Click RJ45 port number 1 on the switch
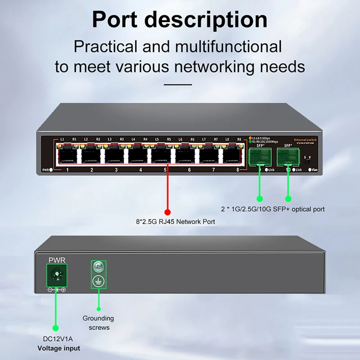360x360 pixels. click(67, 155)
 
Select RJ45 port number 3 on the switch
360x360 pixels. click(116, 155)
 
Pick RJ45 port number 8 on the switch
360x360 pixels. click(233, 155)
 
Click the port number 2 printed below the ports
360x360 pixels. click(92, 170)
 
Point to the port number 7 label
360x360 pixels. click(213, 170)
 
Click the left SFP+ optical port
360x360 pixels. click(260, 156)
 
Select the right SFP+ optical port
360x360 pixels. click(288, 156)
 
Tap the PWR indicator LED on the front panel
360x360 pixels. click(51, 170)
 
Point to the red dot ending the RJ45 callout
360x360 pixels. click(167, 212)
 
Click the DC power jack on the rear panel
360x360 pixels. click(57, 275)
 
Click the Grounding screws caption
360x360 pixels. click(98, 323)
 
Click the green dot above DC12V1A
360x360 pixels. click(56, 328)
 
